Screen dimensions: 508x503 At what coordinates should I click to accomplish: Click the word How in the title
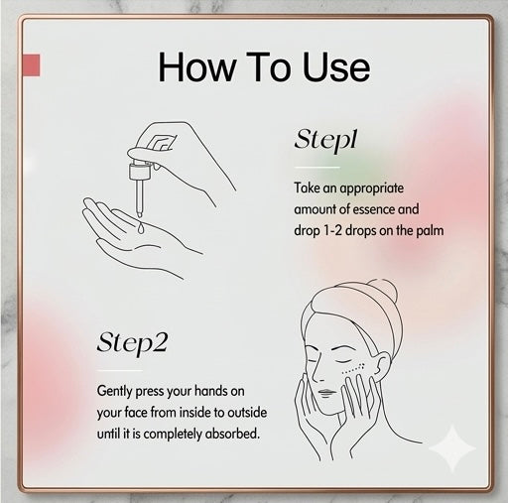coord(197,67)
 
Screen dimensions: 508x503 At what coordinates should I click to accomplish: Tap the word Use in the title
coord(336,67)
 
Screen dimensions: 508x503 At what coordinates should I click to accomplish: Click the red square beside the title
coord(32,65)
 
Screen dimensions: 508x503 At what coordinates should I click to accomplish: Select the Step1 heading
coord(326,141)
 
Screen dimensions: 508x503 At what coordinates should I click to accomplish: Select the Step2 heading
coord(132,343)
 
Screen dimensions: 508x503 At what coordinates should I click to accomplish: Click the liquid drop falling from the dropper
coord(141,228)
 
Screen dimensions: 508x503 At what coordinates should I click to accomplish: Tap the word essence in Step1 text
coord(373,209)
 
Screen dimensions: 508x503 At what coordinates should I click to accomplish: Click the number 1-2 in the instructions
coord(331,230)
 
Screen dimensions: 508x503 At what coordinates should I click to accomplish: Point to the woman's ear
coord(383,365)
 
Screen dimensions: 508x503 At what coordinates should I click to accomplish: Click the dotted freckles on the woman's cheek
coord(353,369)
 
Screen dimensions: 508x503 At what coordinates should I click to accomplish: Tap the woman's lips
coord(326,393)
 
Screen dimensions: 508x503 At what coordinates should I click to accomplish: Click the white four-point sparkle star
coord(452,448)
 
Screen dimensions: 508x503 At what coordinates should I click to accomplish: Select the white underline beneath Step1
coord(317,168)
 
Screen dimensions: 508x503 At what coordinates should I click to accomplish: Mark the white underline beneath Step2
coord(120,370)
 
